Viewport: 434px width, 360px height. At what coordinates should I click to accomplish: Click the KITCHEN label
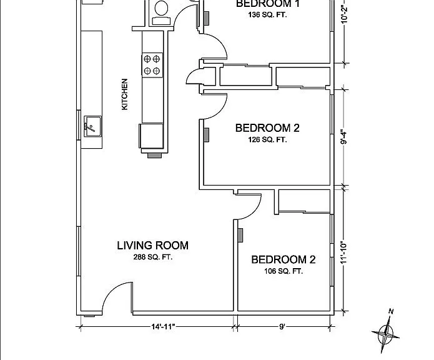tap(125, 94)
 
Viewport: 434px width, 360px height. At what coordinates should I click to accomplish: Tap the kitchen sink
tap(92, 126)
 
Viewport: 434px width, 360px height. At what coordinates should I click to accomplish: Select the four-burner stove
tap(152, 65)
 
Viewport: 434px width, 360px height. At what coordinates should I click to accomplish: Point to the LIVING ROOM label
tap(153, 246)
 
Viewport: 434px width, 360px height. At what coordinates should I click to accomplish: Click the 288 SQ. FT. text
tap(153, 257)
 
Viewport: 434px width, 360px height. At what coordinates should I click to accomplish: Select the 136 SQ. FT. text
tap(267, 14)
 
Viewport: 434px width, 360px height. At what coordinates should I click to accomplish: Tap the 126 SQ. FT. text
tap(267, 139)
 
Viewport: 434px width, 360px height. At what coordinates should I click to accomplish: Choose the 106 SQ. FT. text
tap(284, 271)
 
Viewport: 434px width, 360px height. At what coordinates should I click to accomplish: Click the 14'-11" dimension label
tap(164, 327)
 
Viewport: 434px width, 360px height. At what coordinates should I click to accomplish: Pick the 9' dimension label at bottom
tap(282, 327)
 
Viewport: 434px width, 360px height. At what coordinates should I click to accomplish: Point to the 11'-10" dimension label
tap(343, 253)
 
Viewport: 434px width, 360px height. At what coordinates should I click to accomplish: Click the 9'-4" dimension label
tap(343, 137)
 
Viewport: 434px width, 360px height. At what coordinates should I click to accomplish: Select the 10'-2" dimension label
tap(343, 13)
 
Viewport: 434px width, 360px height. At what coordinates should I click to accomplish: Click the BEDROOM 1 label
tap(267, 4)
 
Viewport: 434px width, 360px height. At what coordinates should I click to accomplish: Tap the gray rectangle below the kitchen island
tap(154, 156)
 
